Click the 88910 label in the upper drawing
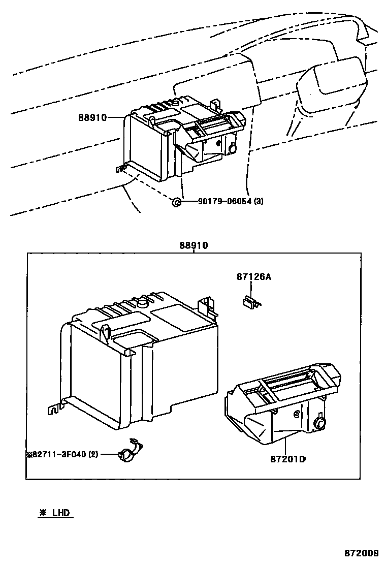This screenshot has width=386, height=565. (x=92, y=117)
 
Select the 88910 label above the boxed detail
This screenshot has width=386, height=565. (x=193, y=245)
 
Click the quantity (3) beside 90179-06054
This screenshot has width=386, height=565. (x=259, y=202)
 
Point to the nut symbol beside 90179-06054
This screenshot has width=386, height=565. (x=176, y=202)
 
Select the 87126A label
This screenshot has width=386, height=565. (x=254, y=277)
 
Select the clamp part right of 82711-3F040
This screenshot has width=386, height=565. (x=130, y=452)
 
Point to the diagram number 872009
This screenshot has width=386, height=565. (x=362, y=553)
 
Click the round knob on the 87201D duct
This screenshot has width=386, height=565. (x=320, y=422)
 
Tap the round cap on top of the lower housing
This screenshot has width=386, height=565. (x=142, y=304)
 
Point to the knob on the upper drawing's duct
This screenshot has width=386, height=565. (x=233, y=149)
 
